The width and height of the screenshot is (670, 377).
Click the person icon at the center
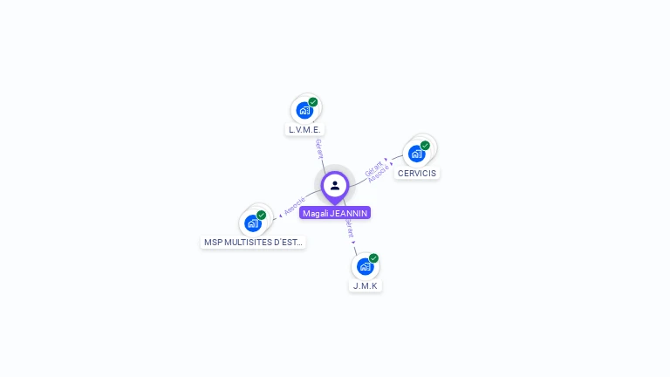(335, 185)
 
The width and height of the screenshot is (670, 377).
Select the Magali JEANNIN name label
(335, 213)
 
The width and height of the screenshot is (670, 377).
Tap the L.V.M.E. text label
(304, 130)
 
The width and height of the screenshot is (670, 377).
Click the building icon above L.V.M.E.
(304, 110)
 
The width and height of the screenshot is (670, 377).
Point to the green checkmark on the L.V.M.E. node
(313, 102)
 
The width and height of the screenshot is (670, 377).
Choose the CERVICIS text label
(416, 173)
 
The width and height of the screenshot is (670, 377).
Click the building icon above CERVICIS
(416, 154)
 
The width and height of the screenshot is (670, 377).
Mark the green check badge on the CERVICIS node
(425, 146)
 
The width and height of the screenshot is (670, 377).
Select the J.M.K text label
(366, 285)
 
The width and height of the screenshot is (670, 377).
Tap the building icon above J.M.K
(365, 266)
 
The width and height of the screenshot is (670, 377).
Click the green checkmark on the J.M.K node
(373, 258)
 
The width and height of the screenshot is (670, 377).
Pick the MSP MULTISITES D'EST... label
(253, 242)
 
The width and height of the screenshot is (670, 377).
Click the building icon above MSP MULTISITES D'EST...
(252, 223)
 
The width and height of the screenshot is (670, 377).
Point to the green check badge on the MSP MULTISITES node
(261, 215)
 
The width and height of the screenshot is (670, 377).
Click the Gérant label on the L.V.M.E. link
(319, 148)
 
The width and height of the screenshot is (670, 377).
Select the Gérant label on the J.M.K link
(350, 228)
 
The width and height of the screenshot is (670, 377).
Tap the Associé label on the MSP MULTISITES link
(295, 205)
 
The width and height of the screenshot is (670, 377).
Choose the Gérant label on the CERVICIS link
(373, 167)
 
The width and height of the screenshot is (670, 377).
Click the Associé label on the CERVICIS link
(379, 174)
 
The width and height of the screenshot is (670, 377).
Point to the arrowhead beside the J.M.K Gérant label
(354, 242)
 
